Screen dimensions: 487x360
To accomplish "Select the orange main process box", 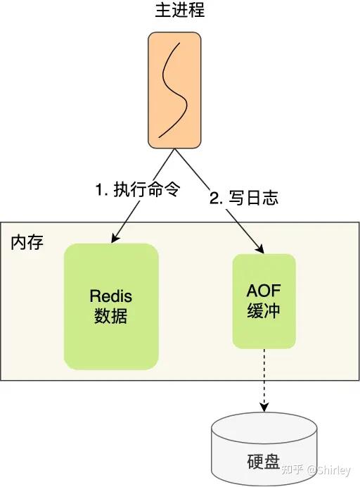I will pyautogui.click(x=174, y=90).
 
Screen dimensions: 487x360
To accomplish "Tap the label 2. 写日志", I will pyautogui.click(x=244, y=198).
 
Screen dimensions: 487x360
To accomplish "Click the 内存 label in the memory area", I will pyautogui.click(x=27, y=243).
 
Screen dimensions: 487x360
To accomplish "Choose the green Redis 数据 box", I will pyautogui.click(x=110, y=305).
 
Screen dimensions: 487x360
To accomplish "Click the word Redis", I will pyautogui.click(x=110, y=295).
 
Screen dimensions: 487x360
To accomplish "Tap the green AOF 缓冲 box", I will pyautogui.click(x=264, y=301).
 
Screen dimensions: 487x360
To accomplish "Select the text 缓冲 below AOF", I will pyautogui.click(x=264, y=311).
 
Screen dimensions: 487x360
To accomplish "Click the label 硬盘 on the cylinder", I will pyautogui.click(x=264, y=463).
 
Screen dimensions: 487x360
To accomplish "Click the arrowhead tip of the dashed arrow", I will pyautogui.click(x=264, y=410).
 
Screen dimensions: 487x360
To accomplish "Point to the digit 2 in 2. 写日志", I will pyautogui.click(x=214, y=198).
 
